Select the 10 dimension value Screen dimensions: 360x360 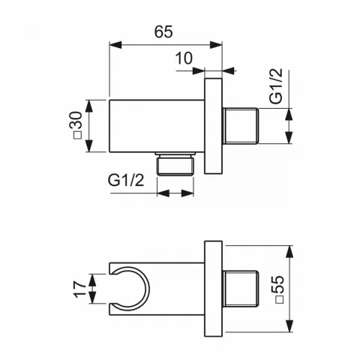click(x=184, y=58)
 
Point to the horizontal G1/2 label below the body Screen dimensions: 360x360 click(x=125, y=180)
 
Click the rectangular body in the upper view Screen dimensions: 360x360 click(x=156, y=126)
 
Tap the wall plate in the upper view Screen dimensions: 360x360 click(x=214, y=126)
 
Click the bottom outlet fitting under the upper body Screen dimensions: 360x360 click(x=175, y=164)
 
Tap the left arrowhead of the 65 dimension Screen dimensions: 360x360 click(x=115, y=45)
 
